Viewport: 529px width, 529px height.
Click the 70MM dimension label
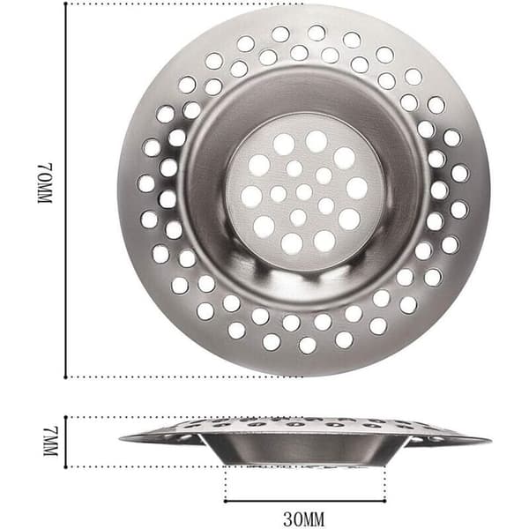[45, 183]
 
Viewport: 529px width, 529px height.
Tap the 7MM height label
[51, 442]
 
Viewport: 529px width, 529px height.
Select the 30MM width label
[304, 519]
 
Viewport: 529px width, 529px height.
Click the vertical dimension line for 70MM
[65, 190]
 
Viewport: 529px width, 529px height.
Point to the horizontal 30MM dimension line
[305, 501]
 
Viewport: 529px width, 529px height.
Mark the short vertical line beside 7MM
[66, 443]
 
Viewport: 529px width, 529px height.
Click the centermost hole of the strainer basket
[304, 192]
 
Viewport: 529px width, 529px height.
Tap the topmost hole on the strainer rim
[317, 33]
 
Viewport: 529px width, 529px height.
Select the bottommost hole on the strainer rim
[308, 345]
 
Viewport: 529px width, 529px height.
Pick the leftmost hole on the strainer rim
[146, 183]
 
